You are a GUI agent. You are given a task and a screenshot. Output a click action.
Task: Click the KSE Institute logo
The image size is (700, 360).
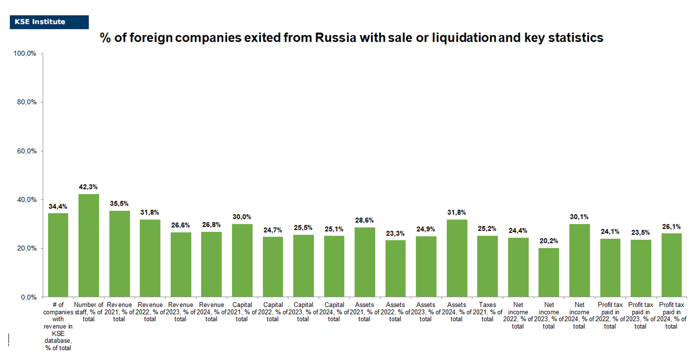click(x=49, y=22)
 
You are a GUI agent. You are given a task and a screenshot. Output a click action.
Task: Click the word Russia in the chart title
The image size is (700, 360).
click(x=336, y=38)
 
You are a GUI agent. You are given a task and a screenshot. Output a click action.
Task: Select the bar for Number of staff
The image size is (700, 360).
click(x=89, y=245)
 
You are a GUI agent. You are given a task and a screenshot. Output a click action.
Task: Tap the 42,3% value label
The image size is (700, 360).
click(x=88, y=187)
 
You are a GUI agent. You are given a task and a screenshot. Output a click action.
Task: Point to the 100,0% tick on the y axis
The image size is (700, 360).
click(x=25, y=53)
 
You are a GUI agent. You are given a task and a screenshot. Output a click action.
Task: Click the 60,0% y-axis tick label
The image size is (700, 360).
click(x=27, y=151)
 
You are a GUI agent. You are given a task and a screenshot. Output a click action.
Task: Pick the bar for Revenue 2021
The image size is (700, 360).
click(x=119, y=254)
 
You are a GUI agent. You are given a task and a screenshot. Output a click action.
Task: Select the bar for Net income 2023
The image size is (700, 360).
click(x=549, y=272)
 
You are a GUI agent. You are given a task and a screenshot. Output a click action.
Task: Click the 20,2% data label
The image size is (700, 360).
click(x=549, y=241)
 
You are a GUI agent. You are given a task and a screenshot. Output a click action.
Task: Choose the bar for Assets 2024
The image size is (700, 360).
click(x=456, y=258)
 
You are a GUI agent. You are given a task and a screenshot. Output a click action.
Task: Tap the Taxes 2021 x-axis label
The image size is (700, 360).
click(x=487, y=312)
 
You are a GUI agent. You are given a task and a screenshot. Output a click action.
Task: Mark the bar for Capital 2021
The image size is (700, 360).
click(x=242, y=260)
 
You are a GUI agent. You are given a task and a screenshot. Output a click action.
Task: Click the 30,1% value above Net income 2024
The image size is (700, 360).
click(x=579, y=217)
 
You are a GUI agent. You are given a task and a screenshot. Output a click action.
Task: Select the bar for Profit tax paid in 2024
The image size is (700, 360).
click(x=671, y=265)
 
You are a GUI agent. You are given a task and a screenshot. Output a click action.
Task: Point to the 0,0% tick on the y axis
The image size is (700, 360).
click(x=29, y=297)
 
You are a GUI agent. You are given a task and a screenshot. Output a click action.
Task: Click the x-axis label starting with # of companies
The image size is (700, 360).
click(x=58, y=326)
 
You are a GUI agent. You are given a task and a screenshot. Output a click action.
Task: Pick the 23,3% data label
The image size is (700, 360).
click(x=395, y=233)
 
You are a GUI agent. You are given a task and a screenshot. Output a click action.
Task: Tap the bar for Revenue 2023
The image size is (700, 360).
click(x=181, y=264)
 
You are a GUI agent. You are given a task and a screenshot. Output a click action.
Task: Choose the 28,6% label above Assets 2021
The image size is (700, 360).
click(x=364, y=220)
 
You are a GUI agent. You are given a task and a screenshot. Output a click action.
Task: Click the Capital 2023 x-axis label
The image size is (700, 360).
click(x=303, y=312)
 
